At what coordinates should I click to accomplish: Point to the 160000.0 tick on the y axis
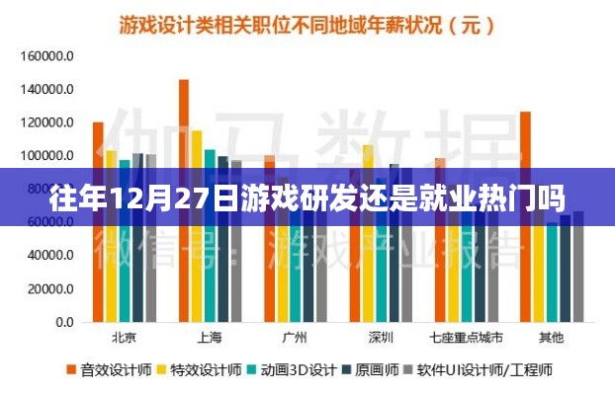(x=46, y=56)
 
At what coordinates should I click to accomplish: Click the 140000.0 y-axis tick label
(x=46, y=90)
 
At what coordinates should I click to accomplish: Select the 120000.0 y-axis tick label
(x=46, y=122)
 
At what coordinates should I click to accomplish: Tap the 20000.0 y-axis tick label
(x=49, y=289)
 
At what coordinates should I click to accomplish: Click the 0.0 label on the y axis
(x=61, y=323)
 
